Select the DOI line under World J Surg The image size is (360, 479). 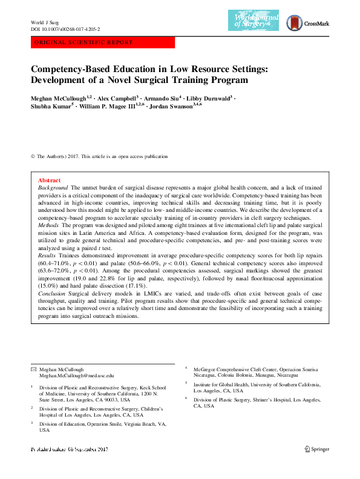65,28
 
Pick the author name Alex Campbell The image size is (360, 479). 118,97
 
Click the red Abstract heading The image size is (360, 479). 49,180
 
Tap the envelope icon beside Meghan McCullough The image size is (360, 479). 33,369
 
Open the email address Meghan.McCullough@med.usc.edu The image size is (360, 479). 76,376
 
